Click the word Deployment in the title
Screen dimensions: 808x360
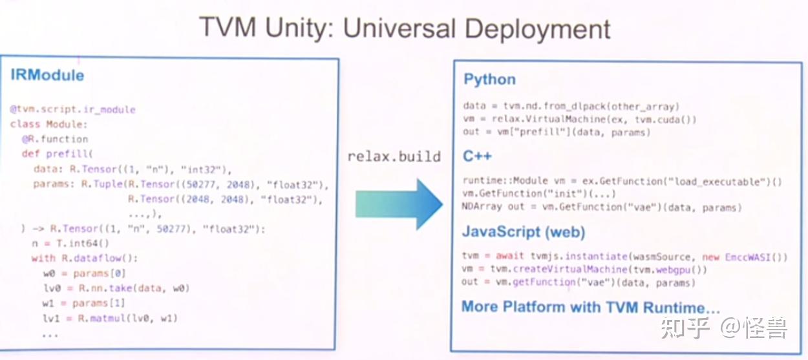pos(537,30)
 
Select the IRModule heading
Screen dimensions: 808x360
pos(47,75)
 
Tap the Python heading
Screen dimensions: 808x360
pos(489,79)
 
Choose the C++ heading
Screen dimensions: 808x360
pos(477,156)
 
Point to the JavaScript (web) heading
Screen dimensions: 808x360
pos(524,232)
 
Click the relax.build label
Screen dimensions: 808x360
pos(394,156)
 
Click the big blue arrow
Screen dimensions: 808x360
pos(399,204)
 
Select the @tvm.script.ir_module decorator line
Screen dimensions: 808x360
pos(73,109)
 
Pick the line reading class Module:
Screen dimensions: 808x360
pos(48,124)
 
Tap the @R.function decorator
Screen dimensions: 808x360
pos(55,139)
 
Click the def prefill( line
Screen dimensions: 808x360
pos(58,154)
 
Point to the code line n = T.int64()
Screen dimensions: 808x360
pos(70,244)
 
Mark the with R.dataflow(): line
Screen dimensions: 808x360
pos(85,259)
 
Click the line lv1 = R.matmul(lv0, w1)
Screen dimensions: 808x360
pos(110,318)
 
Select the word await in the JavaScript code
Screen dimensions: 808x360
pos(510,256)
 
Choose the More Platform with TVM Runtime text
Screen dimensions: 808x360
pos(591,307)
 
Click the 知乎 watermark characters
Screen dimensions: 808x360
pos(685,328)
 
